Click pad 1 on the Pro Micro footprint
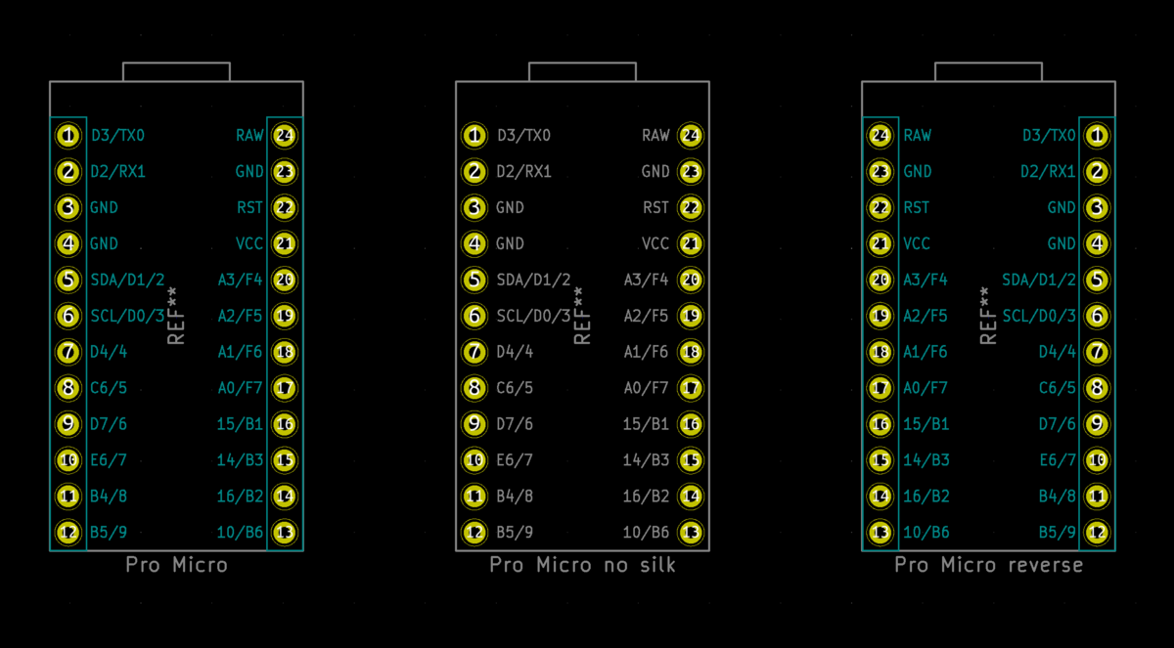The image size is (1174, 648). point(68,136)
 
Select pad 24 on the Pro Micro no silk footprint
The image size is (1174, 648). point(691,136)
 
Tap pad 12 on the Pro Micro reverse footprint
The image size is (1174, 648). point(1097,533)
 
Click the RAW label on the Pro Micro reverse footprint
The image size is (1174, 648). point(918,136)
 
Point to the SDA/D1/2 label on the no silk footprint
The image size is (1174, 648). point(533,281)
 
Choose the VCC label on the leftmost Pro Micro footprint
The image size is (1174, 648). point(248,244)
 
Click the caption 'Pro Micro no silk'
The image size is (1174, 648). point(582,565)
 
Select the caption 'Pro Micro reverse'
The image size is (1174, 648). point(988,565)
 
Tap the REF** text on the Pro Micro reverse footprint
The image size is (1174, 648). point(988,316)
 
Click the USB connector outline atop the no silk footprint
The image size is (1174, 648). point(582,64)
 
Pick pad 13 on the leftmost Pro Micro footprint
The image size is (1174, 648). point(285,533)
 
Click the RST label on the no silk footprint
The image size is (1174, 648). point(655,208)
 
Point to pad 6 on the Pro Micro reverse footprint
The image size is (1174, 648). point(1097,316)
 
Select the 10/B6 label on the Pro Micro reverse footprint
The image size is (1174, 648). point(926,533)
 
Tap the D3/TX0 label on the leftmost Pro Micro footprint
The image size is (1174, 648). point(118,136)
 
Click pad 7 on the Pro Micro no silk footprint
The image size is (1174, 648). point(474,352)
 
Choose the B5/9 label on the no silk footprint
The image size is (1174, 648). point(515,533)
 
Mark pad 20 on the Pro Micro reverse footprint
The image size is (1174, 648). point(880,281)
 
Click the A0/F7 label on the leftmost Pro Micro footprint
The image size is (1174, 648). point(240,388)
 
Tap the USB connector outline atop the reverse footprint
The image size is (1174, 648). point(988,64)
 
